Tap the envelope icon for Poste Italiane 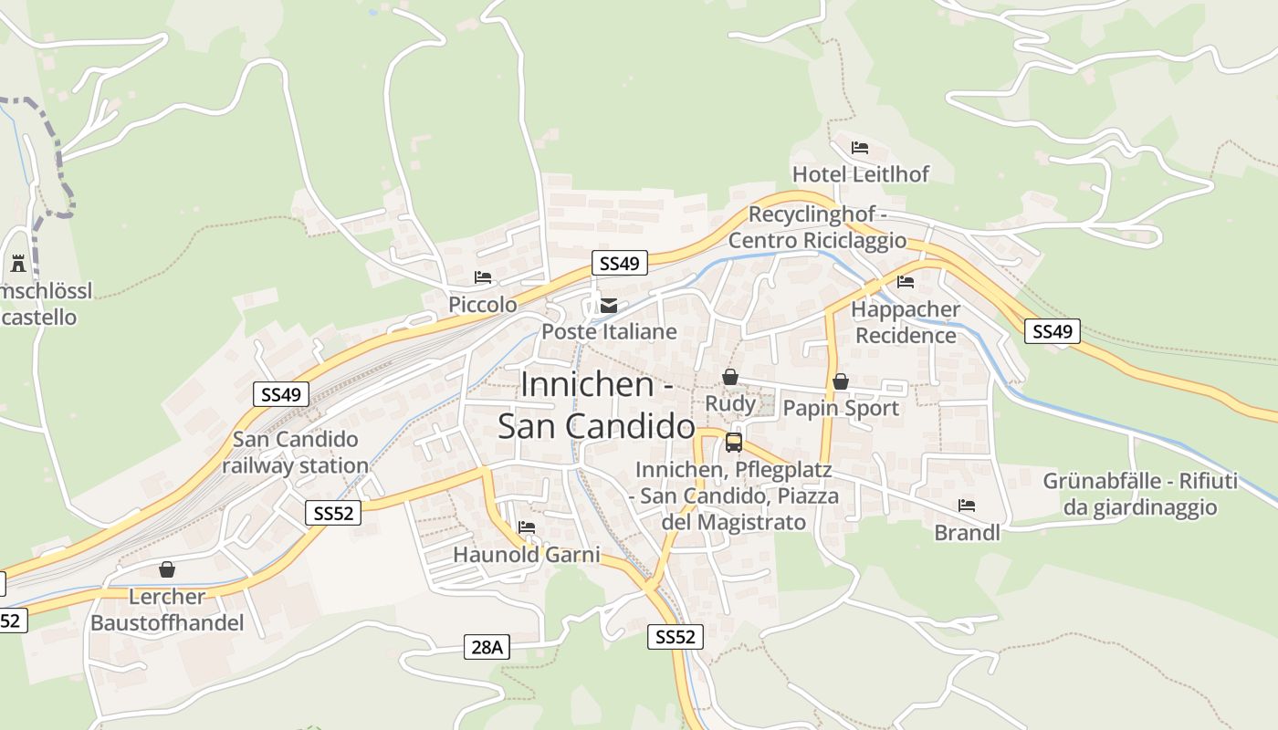click(609, 306)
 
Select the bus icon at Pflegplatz click(734, 443)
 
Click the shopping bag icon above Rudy click(730, 376)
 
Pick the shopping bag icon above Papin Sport click(841, 381)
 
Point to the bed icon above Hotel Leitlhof click(860, 147)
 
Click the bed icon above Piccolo click(483, 277)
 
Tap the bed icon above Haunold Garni click(527, 527)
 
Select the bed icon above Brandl click(967, 506)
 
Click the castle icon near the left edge click(18, 264)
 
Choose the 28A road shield click(487, 647)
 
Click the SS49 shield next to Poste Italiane click(619, 264)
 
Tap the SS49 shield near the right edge click(1053, 331)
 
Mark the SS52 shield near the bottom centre click(676, 637)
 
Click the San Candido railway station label click(296, 453)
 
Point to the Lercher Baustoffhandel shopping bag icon click(167, 569)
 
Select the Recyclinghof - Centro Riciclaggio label click(817, 227)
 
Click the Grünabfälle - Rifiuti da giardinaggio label click(1140, 494)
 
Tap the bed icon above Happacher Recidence click(906, 282)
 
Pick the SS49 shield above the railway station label click(281, 394)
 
